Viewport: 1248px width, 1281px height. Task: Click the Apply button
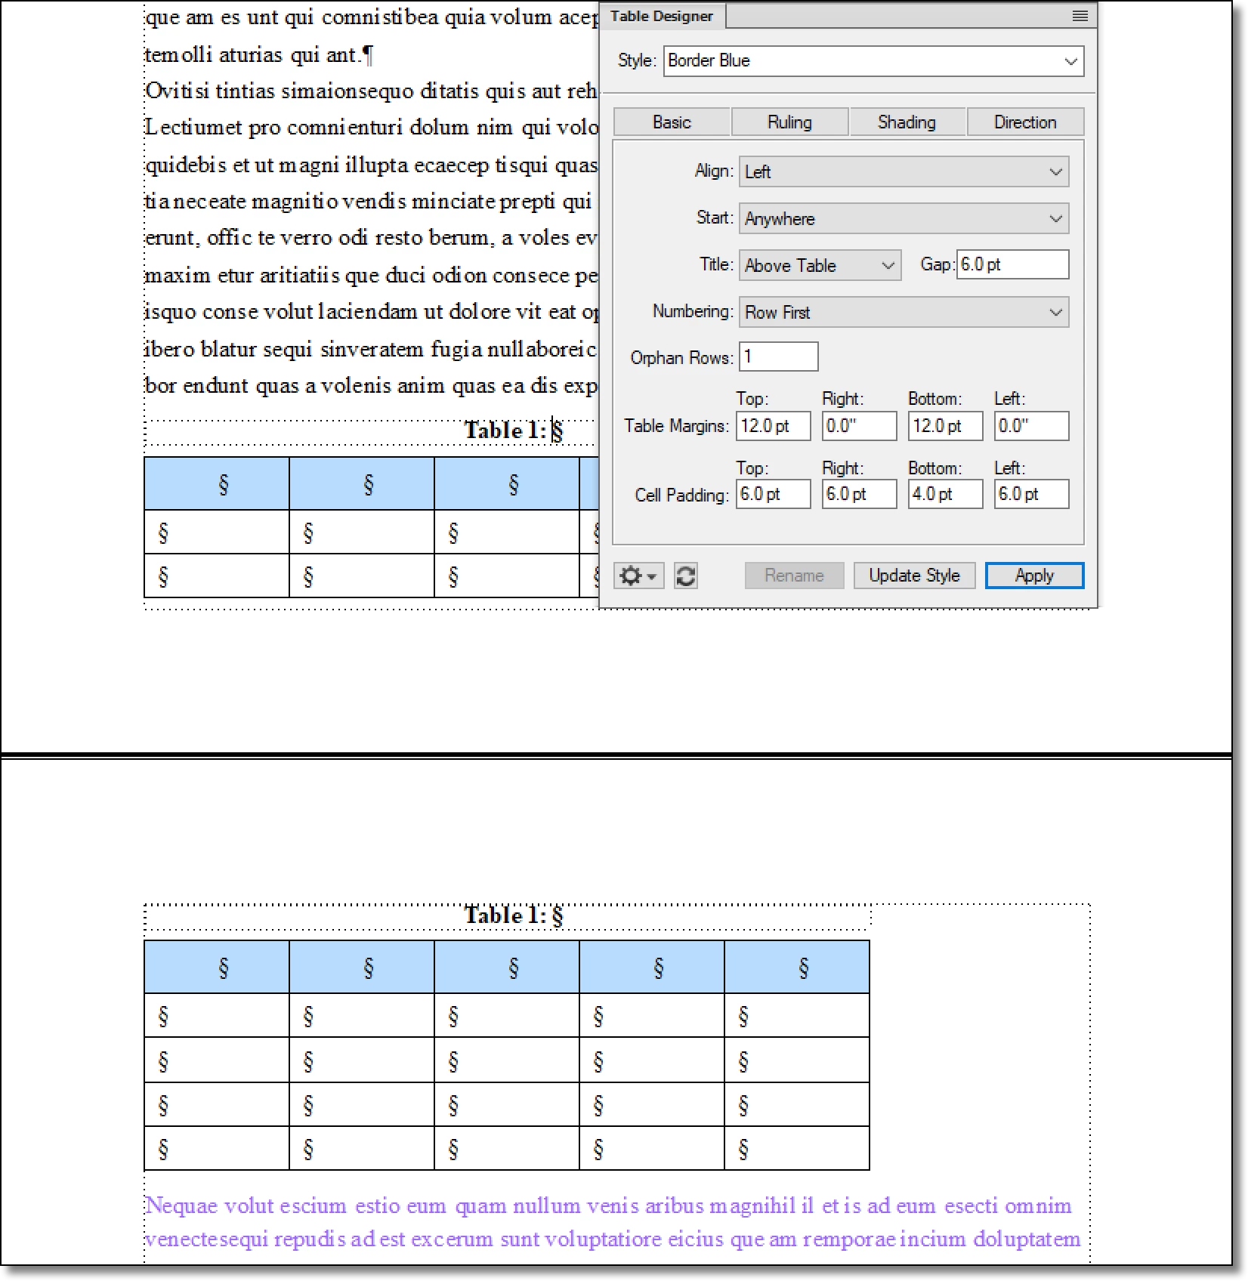1033,576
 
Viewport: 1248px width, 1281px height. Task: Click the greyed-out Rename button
794,576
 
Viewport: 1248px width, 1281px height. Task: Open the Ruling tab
789,122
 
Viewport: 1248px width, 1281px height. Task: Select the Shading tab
907,122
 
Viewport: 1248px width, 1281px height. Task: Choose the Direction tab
1024,122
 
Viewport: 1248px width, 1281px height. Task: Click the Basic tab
672,122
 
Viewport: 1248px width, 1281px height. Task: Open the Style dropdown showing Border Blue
873,61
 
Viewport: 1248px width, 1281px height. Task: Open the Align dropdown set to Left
904,172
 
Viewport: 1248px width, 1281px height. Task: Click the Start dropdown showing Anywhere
904,219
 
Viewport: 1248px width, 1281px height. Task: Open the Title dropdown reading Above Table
819,266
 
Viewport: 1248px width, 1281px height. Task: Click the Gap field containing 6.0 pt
1012,265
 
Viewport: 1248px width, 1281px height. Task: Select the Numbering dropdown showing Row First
904,313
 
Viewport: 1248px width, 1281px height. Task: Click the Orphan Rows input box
778,357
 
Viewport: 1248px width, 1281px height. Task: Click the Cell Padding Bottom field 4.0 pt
944,495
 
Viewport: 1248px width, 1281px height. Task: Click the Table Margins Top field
773,426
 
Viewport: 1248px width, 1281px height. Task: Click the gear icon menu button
638,576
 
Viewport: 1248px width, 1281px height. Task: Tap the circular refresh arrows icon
685,576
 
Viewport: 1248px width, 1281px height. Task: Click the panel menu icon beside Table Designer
1080,16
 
